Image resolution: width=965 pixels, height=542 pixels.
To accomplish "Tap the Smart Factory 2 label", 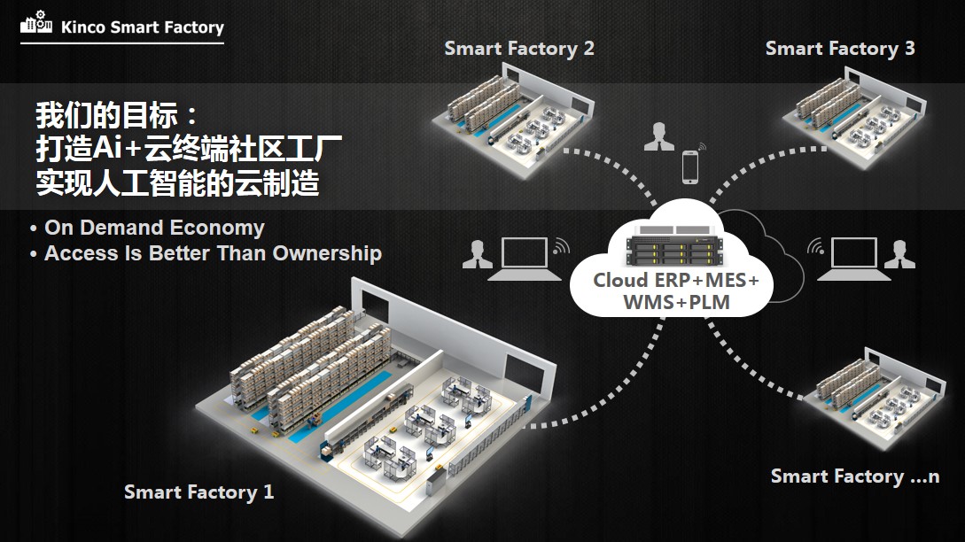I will pyautogui.click(x=519, y=49).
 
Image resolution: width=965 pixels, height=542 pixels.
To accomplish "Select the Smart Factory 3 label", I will pyautogui.click(x=840, y=49).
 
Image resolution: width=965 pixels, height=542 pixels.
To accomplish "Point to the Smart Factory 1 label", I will pyautogui.click(x=199, y=492).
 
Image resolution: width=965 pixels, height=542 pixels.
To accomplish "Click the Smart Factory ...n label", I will pyautogui.click(x=854, y=476).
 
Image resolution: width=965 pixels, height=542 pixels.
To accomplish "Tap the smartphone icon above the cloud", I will pyautogui.click(x=689, y=167).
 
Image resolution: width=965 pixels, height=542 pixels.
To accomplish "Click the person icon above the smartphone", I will pyautogui.click(x=658, y=138).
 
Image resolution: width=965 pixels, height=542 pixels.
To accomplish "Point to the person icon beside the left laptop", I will pyautogui.click(x=477, y=254).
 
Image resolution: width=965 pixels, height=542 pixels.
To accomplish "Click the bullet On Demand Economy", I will pyautogui.click(x=153, y=228).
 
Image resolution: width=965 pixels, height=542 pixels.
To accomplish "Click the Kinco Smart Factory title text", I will pyautogui.click(x=143, y=27).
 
